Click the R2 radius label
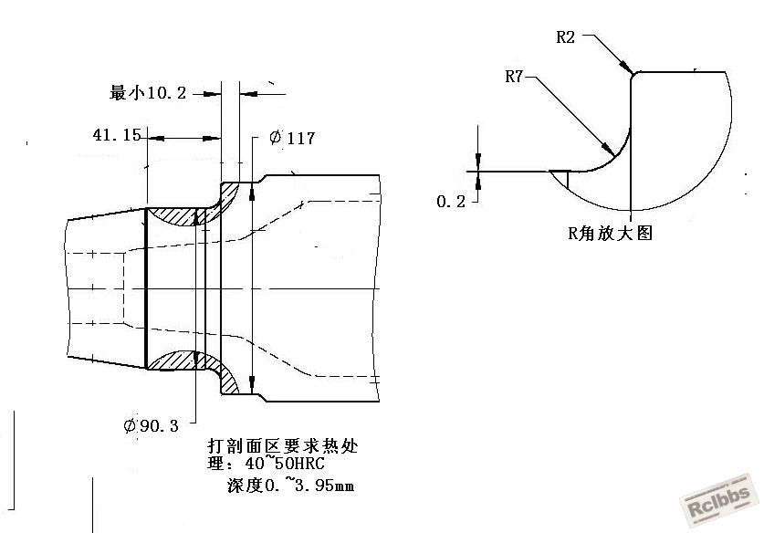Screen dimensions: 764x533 pyautogui.click(x=566, y=37)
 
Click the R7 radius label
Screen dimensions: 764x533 pyautogui.click(x=514, y=77)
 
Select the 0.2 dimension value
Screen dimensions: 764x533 pyautogui.click(x=451, y=201)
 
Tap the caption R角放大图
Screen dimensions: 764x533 pyautogui.click(x=610, y=233)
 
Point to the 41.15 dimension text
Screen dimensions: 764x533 pyautogui.click(x=117, y=134)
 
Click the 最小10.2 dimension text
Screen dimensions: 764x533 pyautogui.click(x=148, y=92)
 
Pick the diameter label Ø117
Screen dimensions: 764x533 pyautogui.click(x=292, y=138)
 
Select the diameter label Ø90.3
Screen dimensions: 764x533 pyautogui.click(x=151, y=426)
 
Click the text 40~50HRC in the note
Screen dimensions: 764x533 pyautogui.click(x=285, y=463)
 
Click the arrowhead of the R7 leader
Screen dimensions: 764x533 pyautogui.click(x=608, y=148)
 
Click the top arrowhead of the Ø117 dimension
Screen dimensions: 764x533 pyautogui.click(x=252, y=193)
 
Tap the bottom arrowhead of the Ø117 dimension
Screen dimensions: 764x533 pyautogui.click(x=252, y=383)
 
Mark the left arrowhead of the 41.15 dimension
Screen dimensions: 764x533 pyautogui.click(x=156, y=139)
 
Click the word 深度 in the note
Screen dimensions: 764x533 pyautogui.click(x=246, y=486)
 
